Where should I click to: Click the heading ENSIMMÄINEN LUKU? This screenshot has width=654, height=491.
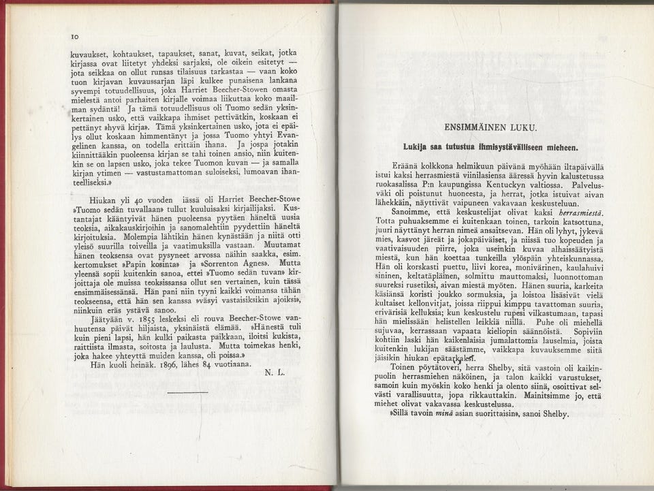pyautogui.click(x=490, y=127)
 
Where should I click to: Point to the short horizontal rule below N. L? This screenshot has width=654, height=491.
pyautogui.click(x=187, y=392)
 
